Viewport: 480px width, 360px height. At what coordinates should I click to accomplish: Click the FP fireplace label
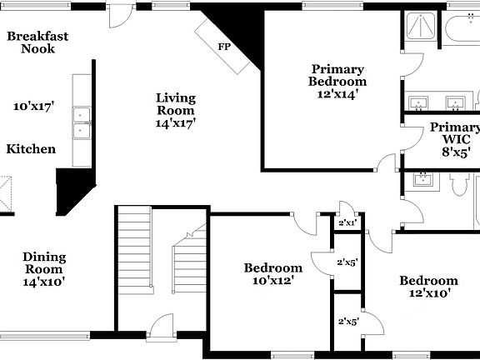[x=223, y=47]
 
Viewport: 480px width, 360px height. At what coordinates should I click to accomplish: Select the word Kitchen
[x=32, y=149]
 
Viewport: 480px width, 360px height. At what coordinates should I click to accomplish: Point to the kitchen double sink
[x=82, y=122]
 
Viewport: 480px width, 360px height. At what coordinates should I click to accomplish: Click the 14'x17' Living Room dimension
[x=176, y=122]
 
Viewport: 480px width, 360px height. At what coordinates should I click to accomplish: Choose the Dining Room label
[x=44, y=263]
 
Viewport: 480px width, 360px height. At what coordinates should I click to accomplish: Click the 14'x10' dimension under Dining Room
[x=44, y=282]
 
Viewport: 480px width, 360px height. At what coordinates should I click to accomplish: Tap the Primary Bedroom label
[x=337, y=75]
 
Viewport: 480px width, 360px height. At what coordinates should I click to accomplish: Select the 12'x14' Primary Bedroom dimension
[x=337, y=95]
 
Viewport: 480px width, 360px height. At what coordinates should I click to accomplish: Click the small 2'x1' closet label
[x=347, y=222]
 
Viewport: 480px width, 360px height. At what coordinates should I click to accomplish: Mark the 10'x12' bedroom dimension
[x=272, y=281]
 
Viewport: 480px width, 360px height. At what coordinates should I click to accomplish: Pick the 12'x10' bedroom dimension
[x=427, y=292]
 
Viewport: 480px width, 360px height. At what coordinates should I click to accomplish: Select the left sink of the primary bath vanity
[x=420, y=103]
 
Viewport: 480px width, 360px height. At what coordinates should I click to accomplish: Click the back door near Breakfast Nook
[x=121, y=12]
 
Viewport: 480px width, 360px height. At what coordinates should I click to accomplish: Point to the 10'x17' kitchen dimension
[x=33, y=106]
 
